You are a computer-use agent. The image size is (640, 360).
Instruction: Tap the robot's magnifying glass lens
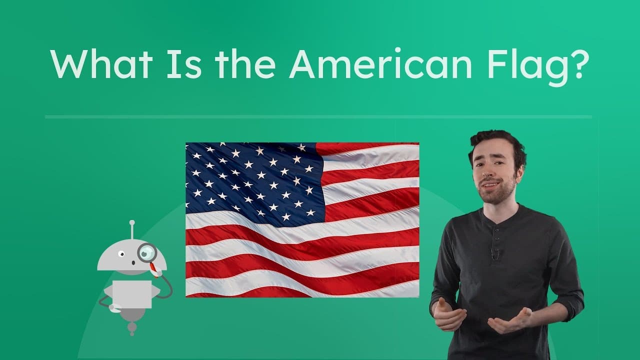point(147,252)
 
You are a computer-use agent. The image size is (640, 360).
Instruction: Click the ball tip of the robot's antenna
point(132,222)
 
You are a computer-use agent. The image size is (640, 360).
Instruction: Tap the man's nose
point(491,172)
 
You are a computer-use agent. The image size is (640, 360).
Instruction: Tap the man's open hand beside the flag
point(447,315)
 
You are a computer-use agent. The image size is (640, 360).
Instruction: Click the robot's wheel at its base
point(132,328)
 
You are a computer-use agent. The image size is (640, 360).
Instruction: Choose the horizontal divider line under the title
point(318,117)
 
